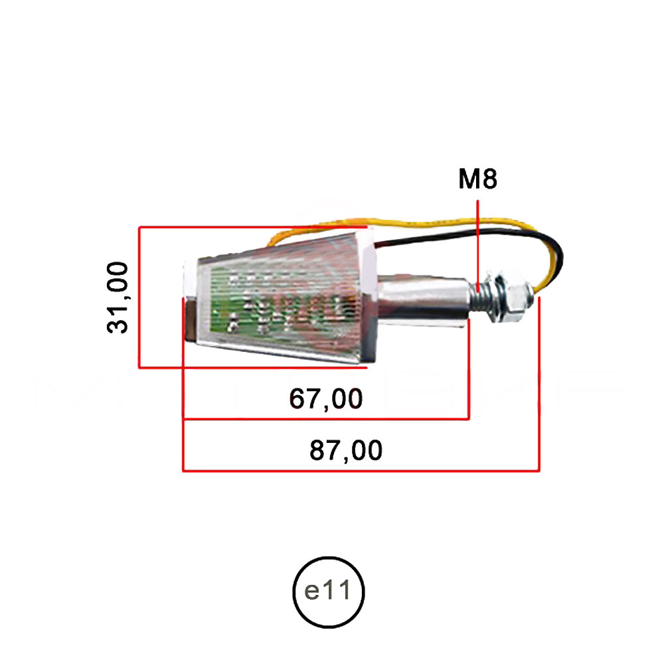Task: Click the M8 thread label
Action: [477, 179]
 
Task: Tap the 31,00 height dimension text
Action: [119, 297]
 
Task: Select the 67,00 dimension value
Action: [326, 399]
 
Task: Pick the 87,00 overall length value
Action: [345, 451]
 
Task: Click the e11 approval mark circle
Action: [329, 592]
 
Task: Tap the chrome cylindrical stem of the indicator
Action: [425, 301]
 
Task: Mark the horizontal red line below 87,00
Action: [359, 471]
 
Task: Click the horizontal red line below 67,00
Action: [325, 419]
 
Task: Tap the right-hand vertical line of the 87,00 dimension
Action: [539, 385]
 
